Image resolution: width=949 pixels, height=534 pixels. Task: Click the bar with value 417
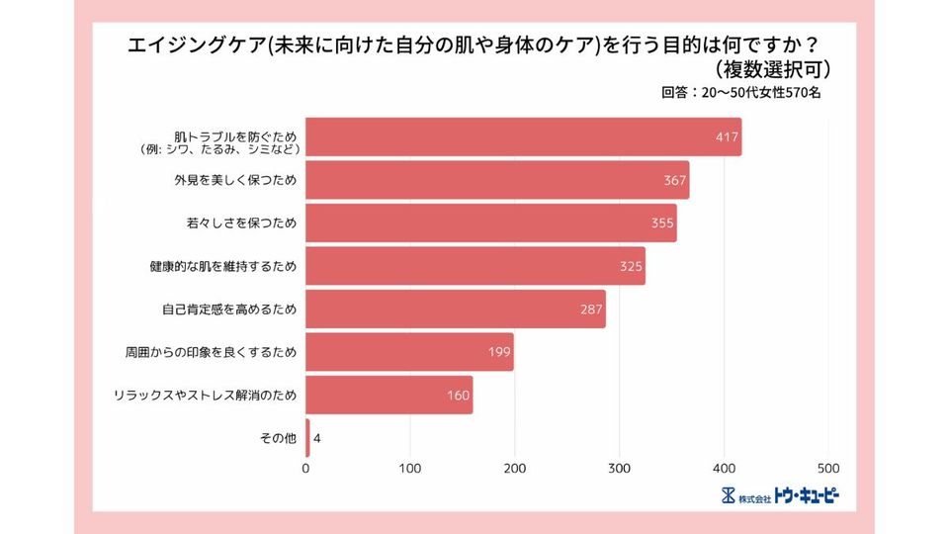(524, 137)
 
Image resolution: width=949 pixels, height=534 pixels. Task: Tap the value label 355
(662, 223)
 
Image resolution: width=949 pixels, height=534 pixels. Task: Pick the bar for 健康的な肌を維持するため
(475, 266)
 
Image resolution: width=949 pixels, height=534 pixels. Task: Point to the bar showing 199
(409, 352)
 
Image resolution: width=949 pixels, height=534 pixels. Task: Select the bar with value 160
(389, 396)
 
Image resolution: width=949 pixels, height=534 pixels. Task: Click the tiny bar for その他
(307, 438)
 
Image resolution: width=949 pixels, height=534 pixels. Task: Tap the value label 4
(317, 438)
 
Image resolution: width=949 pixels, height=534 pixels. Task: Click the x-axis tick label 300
(620, 468)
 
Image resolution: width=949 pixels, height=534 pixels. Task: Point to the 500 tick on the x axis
(828, 468)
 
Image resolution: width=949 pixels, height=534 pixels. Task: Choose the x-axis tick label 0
(306, 468)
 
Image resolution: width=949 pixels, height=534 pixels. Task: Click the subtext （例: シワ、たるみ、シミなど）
(219, 150)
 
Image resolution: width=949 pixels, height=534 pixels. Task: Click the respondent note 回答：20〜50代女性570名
(740, 93)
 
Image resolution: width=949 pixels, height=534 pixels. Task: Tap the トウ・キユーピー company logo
(781, 494)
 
